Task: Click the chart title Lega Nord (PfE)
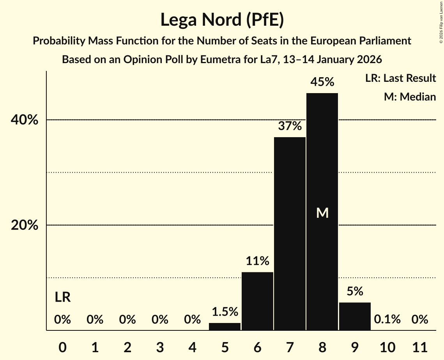pos(222,20)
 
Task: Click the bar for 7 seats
pos(290,234)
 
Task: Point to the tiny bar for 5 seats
pos(225,326)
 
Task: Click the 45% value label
pos(322,82)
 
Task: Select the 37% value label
pos(290,126)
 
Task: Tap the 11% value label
pos(257,261)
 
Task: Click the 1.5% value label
pos(225,312)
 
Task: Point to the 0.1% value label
pos(387,319)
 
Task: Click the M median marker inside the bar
pos(322,213)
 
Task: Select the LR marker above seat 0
pos(62,298)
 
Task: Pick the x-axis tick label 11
pos(420,347)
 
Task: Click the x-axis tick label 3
pos(160,347)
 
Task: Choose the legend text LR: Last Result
pos(400,78)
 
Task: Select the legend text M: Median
pos(410,97)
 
